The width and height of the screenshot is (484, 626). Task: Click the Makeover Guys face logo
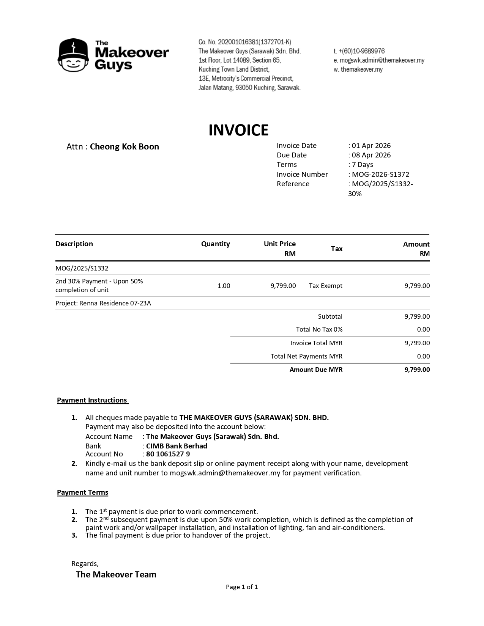point(73,55)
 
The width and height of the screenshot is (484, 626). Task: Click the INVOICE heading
point(238,130)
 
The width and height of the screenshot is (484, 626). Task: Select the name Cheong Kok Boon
point(124,147)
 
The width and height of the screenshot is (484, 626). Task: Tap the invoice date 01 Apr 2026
point(371,146)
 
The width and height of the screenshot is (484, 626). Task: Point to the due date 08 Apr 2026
point(371,155)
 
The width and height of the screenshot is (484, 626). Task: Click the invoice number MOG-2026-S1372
point(380,175)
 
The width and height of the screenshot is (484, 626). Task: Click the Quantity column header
point(215,244)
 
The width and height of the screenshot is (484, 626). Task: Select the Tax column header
point(337,249)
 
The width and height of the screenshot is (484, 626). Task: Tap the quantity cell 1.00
point(224,286)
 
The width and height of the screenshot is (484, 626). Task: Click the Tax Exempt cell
point(325,286)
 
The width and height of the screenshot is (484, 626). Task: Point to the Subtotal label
point(330,316)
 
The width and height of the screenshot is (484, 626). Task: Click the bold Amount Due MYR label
point(316,370)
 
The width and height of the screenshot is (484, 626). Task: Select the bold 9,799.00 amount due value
point(417,370)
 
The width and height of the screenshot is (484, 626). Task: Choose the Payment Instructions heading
point(92,400)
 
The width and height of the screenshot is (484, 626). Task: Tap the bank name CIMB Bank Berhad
point(177,446)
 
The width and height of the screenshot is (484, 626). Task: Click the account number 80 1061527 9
point(168,454)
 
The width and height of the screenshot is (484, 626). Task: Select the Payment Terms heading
point(82,492)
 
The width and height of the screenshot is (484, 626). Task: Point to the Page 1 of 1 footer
point(242,587)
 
